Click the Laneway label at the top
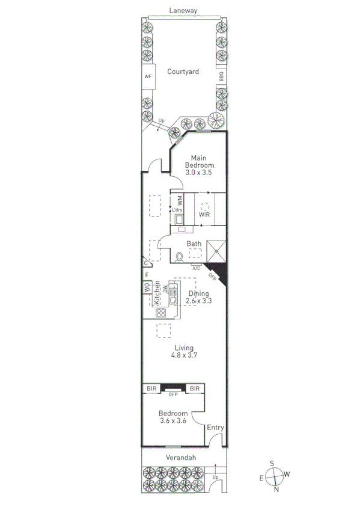pyautogui.click(x=183, y=10)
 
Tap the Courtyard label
pyautogui.click(x=183, y=72)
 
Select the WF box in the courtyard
pyautogui.click(x=148, y=76)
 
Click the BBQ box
pyautogui.click(x=221, y=76)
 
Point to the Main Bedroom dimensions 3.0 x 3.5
pyautogui.click(x=198, y=173)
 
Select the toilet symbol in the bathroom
pyautogui.click(x=179, y=257)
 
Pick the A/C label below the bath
pyautogui.click(x=196, y=268)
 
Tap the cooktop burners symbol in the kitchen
pyautogui.click(x=161, y=313)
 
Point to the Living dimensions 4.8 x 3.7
pyautogui.click(x=183, y=355)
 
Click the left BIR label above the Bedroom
pyautogui.click(x=151, y=389)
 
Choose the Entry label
pyautogui.click(x=215, y=428)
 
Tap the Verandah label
pyautogui.click(x=183, y=458)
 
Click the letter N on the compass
pyautogui.click(x=276, y=488)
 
